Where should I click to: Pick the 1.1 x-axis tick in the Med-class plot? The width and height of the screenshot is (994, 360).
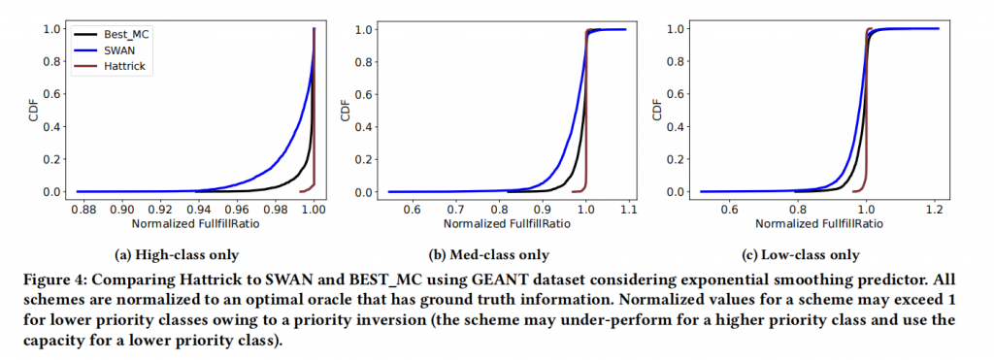coord(629,209)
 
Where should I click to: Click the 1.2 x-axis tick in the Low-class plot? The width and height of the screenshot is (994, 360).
coord(934,209)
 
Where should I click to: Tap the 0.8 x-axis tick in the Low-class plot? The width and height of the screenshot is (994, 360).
coord(797,209)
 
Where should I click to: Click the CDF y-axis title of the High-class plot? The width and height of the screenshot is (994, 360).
coord(34,110)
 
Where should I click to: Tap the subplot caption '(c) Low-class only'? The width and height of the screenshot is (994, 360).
coord(812,255)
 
